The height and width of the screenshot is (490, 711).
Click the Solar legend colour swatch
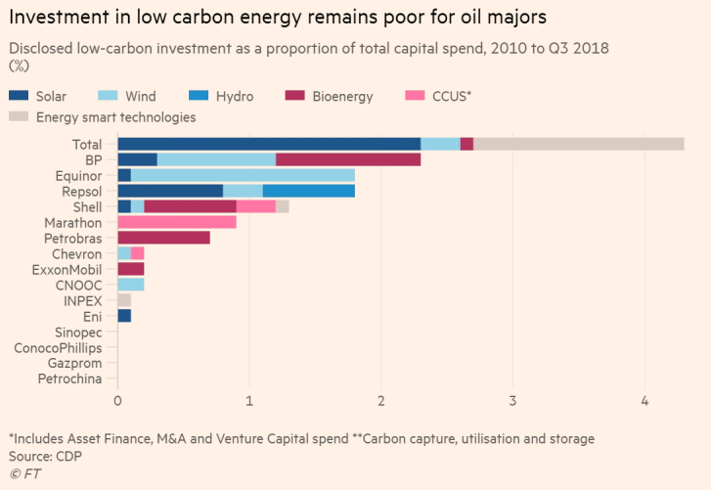(19, 96)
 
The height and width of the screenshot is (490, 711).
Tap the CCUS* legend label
(450, 96)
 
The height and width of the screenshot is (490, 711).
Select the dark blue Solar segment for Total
(269, 144)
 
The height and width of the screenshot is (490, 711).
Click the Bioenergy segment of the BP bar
(348, 159)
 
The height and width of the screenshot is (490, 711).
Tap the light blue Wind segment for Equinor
(243, 175)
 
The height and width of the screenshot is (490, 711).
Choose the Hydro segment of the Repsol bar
(309, 191)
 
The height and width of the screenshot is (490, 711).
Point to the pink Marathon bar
(177, 222)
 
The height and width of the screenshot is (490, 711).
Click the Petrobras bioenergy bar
(163, 238)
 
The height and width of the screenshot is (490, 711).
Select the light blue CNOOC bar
(130, 285)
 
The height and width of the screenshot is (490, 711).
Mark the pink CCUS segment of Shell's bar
(256, 206)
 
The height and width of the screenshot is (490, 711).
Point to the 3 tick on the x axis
(512, 401)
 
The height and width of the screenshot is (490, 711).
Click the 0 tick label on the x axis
(117, 401)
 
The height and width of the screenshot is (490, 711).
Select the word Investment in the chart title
(59, 17)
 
